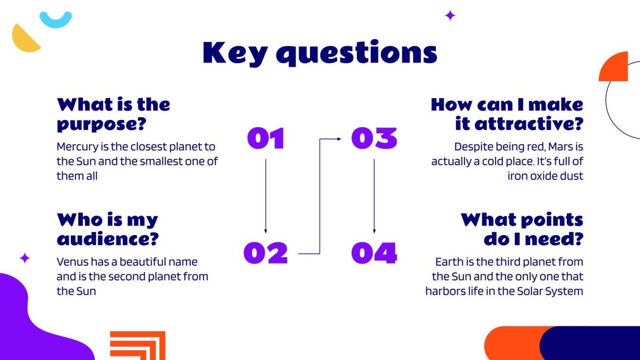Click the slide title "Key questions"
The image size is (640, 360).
[320, 53]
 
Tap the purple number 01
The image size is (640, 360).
[266, 138]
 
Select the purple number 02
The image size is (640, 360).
[266, 253]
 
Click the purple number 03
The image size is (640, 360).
[374, 138]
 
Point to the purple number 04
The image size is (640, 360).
[374, 253]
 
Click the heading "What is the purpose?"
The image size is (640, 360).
[113, 114]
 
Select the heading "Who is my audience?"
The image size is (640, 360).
[108, 229]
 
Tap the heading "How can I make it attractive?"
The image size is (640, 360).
[507, 114]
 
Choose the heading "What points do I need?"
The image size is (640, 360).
[522, 229]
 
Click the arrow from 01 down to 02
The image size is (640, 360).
[266, 196]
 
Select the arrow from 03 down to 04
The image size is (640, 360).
[374, 196]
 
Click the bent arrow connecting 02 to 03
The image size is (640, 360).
[320, 196]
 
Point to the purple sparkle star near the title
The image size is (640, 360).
[450, 15]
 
